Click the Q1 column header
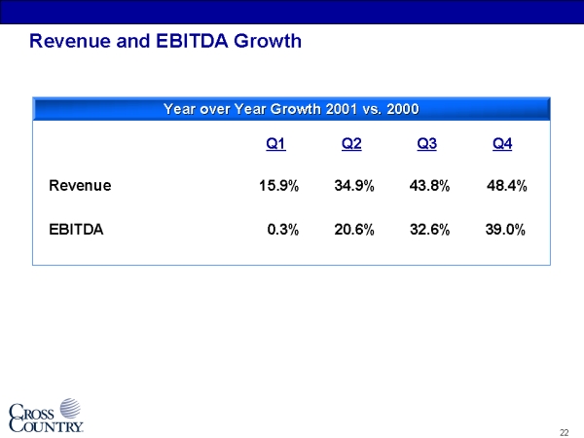coord(275,145)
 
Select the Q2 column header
coord(352,145)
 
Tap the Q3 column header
coord(426,145)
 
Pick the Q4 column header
coord(503,145)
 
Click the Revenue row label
coord(80,185)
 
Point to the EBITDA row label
coord(76,231)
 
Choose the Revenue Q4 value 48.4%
coord(506,185)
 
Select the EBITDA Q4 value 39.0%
coord(505,231)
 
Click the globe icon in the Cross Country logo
coord(70,408)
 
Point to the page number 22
coord(565,431)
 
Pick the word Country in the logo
coord(51,424)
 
